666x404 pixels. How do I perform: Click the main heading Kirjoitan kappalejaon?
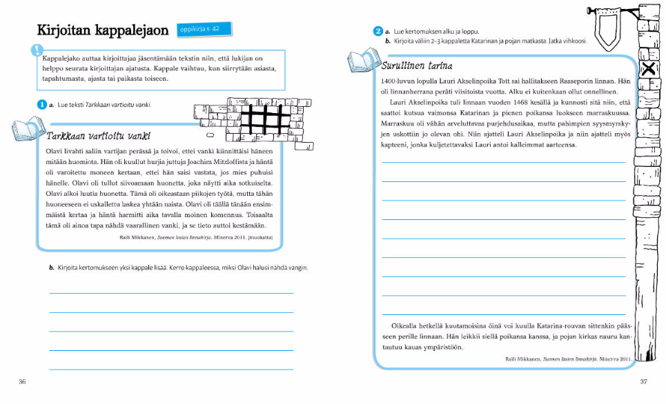coord(104,31)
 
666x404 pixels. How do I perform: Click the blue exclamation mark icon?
coord(37,50)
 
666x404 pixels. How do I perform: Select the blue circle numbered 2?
coord(378,31)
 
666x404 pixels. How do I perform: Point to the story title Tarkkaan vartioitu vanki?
coord(99,136)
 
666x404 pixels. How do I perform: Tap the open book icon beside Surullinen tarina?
coord(360,60)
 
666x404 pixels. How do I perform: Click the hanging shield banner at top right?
coord(607,28)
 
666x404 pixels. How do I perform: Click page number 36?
coord(22,381)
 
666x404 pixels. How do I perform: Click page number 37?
coord(643,381)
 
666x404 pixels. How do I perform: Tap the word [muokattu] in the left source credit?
coord(261,237)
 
